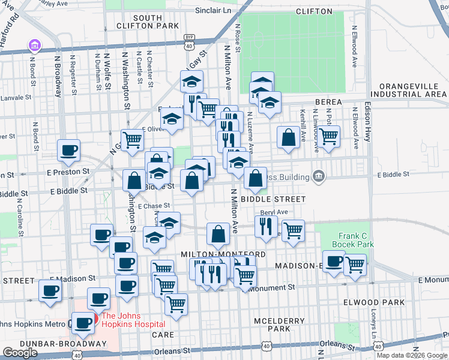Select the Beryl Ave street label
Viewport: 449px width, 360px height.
point(274,212)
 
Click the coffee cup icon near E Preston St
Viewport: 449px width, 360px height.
point(68,150)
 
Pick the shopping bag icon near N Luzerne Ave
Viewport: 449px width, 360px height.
point(289,137)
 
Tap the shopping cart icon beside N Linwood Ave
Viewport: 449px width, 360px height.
point(328,136)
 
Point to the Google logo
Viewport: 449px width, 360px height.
point(20,353)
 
